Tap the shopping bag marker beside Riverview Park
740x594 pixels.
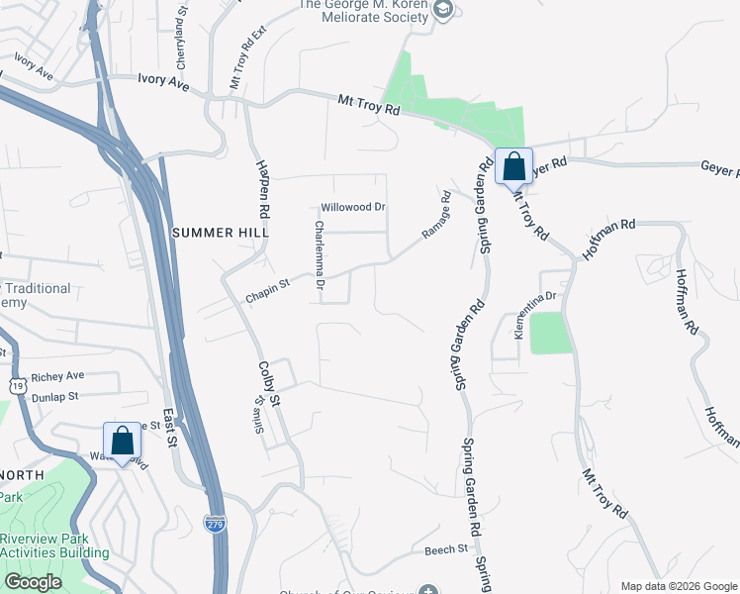[x=122, y=441]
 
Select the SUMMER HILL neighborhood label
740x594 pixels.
[x=220, y=232]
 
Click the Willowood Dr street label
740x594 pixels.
[x=352, y=208]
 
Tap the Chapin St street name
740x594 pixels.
[x=268, y=284]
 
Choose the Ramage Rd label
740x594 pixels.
[x=436, y=215]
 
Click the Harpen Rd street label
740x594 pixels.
[x=263, y=188]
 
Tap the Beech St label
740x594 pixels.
[x=446, y=549]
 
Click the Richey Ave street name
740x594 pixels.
[x=57, y=377]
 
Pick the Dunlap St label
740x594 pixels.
[x=54, y=397]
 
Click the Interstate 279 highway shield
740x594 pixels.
[x=215, y=522]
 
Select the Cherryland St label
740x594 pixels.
[x=180, y=41]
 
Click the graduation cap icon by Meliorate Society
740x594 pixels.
[x=444, y=10]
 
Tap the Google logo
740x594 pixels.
[x=33, y=581]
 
